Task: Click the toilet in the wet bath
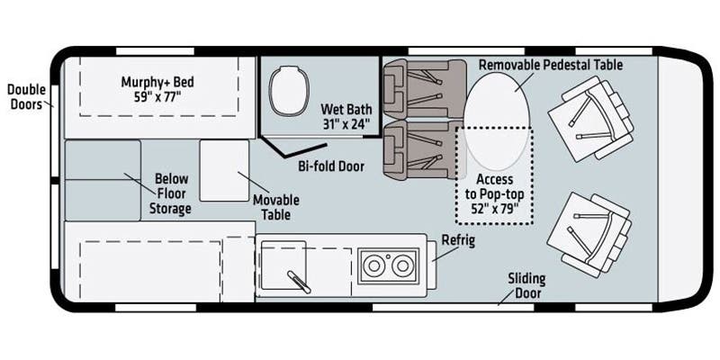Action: click(x=288, y=91)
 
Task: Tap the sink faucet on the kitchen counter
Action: click(x=299, y=282)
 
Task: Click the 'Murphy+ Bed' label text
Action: click(x=157, y=82)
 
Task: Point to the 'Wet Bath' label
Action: click(x=346, y=109)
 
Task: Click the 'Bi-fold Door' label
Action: click(x=331, y=166)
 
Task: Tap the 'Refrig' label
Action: click(x=458, y=240)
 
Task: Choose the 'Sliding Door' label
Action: click(x=526, y=285)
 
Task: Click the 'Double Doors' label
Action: click(x=26, y=96)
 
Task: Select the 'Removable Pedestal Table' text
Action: click(x=551, y=65)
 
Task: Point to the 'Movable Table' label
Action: click(x=276, y=207)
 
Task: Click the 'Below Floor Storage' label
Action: click(x=170, y=193)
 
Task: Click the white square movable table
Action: click(x=224, y=170)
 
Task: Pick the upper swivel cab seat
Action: click(x=590, y=119)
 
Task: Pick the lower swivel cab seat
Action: click(x=589, y=234)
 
